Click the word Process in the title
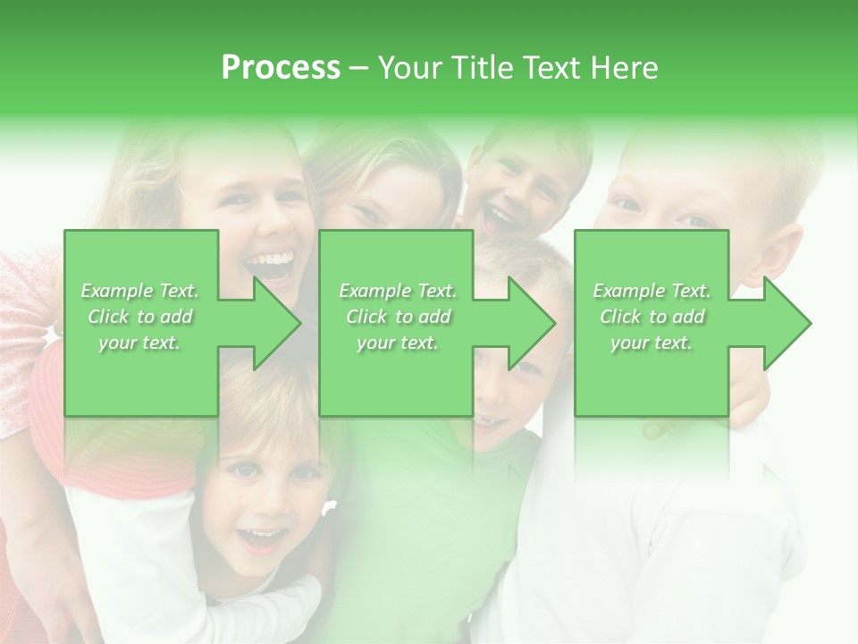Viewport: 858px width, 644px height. pos(281,68)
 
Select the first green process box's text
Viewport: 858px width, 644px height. pos(140,317)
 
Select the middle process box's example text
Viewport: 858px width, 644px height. pos(397,317)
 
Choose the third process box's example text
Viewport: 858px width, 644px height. pos(652,317)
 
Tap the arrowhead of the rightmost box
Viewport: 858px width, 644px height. pos(786,323)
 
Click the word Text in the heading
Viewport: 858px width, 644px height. pos(548,68)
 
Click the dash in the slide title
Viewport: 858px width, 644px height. pos(359,68)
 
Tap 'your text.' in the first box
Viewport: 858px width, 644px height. pos(140,343)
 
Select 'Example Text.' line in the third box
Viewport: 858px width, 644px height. pos(652,291)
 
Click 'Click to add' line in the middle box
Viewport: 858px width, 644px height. pos(397,317)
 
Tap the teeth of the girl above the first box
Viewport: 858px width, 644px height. pos(270,261)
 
